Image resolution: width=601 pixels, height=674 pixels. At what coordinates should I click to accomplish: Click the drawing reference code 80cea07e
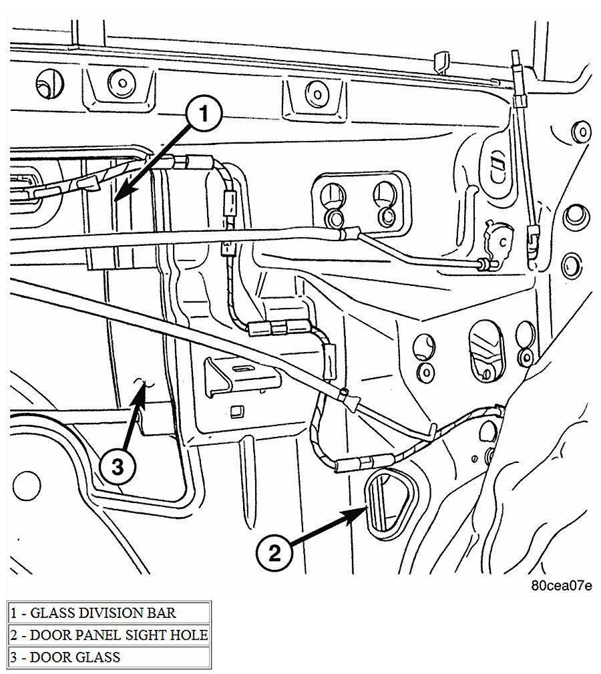click(x=561, y=586)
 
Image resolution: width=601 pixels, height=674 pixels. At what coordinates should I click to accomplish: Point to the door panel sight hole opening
click(x=388, y=503)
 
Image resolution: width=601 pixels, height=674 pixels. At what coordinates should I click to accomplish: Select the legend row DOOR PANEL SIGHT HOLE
click(x=110, y=635)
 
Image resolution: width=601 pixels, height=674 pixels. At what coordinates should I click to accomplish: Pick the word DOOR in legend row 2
click(x=47, y=635)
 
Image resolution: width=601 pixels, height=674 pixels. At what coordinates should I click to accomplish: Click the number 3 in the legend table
click(x=14, y=657)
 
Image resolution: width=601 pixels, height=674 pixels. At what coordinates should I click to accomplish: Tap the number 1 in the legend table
click(x=14, y=612)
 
